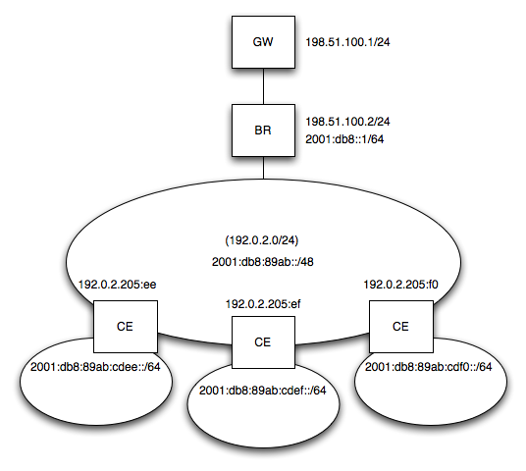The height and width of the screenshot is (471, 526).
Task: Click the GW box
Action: point(263,42)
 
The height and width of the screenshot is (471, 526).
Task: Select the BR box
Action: point(263,131)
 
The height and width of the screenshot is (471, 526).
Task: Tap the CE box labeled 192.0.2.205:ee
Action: point(126,327)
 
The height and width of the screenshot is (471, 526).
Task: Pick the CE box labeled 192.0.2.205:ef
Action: point(263,342)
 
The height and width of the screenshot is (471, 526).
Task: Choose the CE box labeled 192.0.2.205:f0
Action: point(401,327)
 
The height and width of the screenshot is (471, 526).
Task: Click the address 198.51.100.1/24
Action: point(347,42)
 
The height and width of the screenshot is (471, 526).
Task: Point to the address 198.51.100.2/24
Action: point(347,122)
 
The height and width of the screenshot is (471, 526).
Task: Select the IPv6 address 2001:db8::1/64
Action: point(344,139)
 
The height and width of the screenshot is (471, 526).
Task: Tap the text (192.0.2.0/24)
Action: point(262,240)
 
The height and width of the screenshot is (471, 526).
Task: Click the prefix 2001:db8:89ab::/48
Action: point(263,262)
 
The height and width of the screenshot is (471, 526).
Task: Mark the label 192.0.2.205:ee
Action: point(117,285)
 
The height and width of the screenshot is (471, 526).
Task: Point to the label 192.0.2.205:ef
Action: point(263,304)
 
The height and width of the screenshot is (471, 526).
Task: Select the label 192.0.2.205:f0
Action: point(400,285)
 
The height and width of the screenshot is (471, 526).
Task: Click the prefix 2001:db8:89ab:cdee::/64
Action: point(95,367)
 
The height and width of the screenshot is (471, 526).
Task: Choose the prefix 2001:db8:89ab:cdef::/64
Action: point(262,391)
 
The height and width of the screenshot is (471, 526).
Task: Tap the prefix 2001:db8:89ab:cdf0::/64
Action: point(429,367)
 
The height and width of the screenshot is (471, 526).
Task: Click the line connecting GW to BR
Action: point(263,86)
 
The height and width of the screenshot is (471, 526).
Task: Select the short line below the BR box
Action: point(263,168)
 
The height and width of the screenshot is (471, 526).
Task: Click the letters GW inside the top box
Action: point(263,42)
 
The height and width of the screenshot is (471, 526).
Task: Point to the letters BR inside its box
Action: point(263,131)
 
